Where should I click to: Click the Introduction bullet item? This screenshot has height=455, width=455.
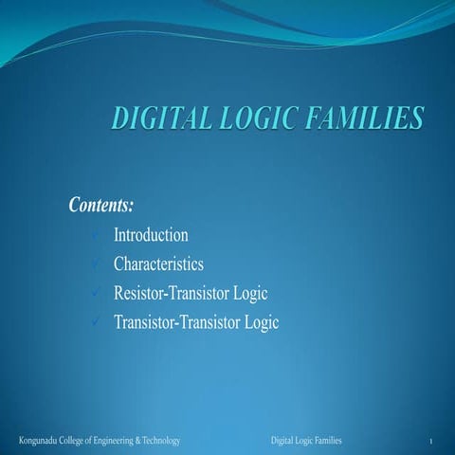tap(151, 235)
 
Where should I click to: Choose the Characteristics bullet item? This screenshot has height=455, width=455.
tap(158, 264)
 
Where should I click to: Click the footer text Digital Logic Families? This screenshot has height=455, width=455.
tap(306, 442)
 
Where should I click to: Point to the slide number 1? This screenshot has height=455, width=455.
tap(430, 443)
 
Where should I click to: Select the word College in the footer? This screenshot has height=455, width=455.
tap(78, 442)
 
